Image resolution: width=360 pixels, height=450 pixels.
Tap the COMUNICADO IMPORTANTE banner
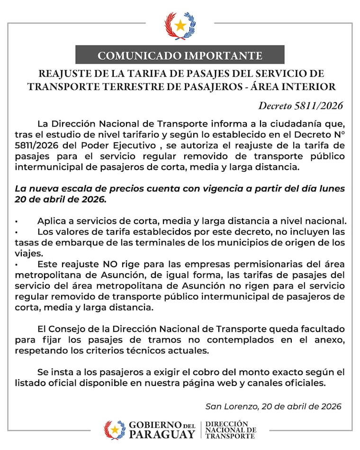[x=180, y=55]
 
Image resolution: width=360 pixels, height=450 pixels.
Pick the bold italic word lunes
[x=330, y=188]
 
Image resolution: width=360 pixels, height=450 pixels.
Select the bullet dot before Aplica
[x=17, y=221]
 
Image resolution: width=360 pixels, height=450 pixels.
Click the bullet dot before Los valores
[x=17, y=232]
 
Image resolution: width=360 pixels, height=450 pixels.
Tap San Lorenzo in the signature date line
[x=227, y=406]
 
